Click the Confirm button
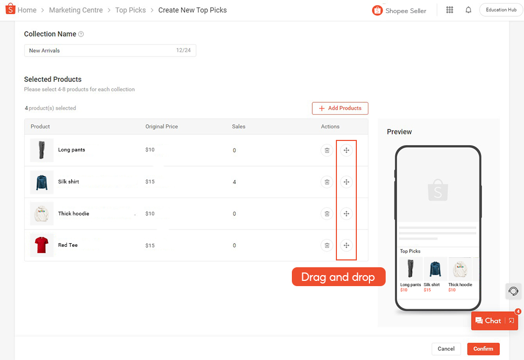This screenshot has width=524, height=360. click(483, 348)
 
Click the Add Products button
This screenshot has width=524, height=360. click(340, 108)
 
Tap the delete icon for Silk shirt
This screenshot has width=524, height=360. click(327, 182)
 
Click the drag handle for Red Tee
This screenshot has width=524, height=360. click(346, 245)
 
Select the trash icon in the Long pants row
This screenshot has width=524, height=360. click(327, 150)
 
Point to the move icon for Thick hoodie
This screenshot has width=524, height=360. click(346, 214)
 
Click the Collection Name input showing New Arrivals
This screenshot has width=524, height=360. click(110, 50)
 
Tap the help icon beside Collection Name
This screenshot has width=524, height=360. click(81, 34)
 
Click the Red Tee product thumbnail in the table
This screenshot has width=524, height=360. click(42, 245)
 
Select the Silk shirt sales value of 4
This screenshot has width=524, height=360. click(234, 182)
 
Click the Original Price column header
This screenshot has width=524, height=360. click(161, 126)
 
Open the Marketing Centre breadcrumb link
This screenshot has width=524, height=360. click(76, 10)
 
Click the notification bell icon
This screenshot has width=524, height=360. click(468, 10)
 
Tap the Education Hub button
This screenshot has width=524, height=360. click(501, 10)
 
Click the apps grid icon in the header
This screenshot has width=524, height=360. click(450, 10)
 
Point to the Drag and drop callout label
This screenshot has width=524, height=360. click(339, 277)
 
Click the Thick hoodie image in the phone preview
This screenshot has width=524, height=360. click(460, 269)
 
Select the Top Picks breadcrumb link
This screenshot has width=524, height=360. click(130, 10)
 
